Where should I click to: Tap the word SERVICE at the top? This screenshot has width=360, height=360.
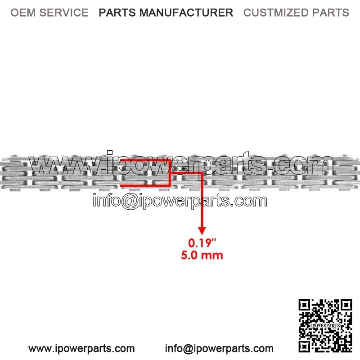(x=64, y=13)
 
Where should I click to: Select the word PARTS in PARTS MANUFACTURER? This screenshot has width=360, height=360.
(x=117, y=13)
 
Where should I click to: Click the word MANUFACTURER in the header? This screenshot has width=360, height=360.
(x=186, y=13)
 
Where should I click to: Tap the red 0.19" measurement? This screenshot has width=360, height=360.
(x=202, y=243)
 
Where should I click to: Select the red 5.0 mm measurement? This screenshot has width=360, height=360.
(x=202, y=255)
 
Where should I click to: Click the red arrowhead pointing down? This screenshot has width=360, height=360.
(x=202, y=231)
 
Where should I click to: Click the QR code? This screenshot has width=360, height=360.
(x=325, y=325)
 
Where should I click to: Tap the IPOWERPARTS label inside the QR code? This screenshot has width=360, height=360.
(x=325, y=325)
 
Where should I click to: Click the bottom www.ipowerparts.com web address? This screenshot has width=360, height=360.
(x=81, y=349)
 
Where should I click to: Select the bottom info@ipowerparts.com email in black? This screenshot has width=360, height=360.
(x=219, y=349)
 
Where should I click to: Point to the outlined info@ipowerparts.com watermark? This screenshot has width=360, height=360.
(x=180, y=201)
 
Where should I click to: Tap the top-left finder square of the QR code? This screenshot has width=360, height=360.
(x=305, y=306)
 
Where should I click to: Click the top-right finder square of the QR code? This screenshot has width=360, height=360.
(x=346, y=306)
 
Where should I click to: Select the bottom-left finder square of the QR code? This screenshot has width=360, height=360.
(x=305, y=346)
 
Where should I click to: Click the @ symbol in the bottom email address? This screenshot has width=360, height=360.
(x=189, y=349)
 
